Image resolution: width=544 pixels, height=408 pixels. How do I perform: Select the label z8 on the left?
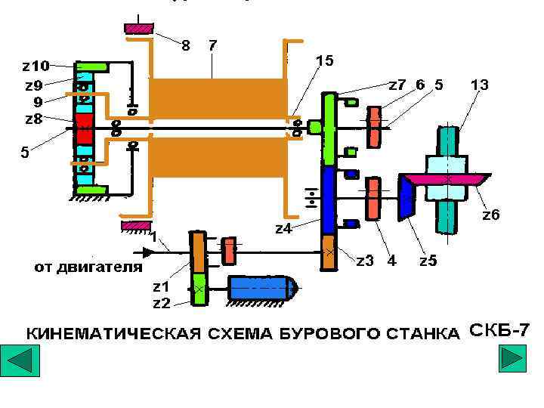pos(33,119)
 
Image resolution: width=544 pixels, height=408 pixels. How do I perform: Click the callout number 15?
pos(324,60)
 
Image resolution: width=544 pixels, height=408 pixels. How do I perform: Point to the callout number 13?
pos(478,85)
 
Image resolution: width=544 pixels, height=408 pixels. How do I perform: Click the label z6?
pos(491,215)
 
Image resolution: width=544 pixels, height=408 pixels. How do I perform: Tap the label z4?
pos(283,228)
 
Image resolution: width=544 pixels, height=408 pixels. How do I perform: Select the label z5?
pos(428,261)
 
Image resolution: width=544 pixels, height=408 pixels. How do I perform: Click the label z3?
pos(365,261)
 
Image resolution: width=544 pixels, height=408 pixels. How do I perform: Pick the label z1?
pos(161,287)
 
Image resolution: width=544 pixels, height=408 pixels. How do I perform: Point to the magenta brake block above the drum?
pos(138,29)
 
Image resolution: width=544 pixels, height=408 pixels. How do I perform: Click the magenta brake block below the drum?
pos(135,225)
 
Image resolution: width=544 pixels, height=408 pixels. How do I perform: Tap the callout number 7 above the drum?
pos(213,45)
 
